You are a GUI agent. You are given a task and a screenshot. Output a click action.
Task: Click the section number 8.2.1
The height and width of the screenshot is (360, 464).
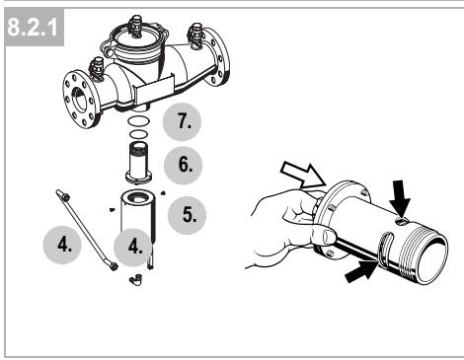click(33, 27)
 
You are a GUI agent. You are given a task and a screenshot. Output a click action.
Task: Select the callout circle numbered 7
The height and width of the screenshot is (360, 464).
click(183, 121)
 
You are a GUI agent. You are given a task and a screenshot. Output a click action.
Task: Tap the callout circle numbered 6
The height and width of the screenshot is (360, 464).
click(183, 165)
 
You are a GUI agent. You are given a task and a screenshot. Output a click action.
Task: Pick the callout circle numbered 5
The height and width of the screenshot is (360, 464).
click(187, 215)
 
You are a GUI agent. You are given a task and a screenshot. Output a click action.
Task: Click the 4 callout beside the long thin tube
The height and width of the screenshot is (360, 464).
click(62, 245)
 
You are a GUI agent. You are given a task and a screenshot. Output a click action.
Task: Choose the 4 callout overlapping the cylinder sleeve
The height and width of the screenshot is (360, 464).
click(133, 248)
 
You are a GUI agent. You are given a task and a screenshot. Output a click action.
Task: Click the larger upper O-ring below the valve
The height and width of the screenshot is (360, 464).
click(138, 121)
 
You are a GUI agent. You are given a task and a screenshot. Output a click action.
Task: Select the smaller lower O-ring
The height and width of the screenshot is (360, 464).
click(138, 134)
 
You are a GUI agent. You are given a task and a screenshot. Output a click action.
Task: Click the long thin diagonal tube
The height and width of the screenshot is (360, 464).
click(87, 230)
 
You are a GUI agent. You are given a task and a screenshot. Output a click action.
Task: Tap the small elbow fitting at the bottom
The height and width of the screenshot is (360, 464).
click(135, 279)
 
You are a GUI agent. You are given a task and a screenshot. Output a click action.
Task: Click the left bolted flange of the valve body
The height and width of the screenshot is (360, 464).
click(81, 99)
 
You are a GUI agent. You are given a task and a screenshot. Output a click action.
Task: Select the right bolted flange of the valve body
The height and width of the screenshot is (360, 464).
click(216, 56)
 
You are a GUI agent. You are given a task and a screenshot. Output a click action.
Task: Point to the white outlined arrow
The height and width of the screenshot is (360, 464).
click(303, 175)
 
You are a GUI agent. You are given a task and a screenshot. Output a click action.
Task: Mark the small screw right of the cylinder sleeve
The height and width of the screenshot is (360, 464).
click(163, 193)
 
